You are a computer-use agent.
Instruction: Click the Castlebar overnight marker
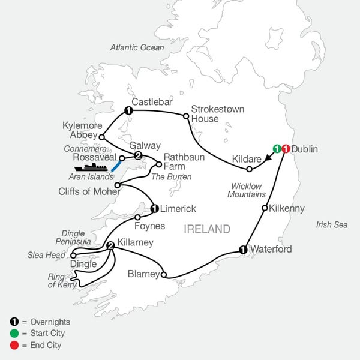tap(128, 110)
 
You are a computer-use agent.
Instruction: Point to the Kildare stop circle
tap(249, 169)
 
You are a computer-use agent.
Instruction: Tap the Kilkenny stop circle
tap(264, 208)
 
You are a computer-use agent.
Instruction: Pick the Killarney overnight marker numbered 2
tap(110, 245)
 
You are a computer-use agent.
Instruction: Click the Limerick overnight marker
tap(154, 209)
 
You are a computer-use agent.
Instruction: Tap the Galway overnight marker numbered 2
tap(138, 156)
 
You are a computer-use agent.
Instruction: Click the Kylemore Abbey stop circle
tap(101, 137)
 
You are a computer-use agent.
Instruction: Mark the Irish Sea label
tap(331, 224)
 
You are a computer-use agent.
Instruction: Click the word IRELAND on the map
tap(207, 229)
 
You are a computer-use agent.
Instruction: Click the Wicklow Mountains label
tap(245, 190)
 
